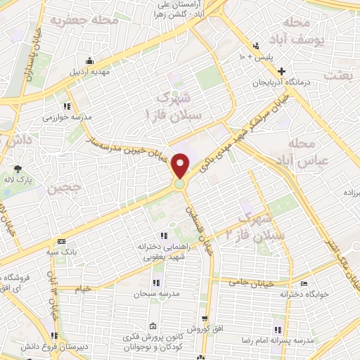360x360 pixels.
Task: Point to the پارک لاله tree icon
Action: tap(18, 168)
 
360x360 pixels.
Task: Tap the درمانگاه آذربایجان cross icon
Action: tap(282, 71)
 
